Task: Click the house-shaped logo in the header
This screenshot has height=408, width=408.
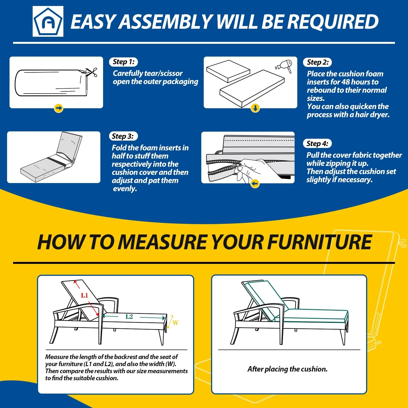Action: [48, 21]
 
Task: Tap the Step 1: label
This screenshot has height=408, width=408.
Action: [123, 62]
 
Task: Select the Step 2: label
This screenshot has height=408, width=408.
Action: [317, 62]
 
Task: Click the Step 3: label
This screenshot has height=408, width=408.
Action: [123, 136]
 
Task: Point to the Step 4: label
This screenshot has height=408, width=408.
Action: [317, 144]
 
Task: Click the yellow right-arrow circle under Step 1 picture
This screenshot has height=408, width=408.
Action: [58, 108]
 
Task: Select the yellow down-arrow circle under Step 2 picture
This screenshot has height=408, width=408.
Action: [255, 108]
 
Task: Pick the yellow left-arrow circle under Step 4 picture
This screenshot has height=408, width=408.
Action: [255, 184]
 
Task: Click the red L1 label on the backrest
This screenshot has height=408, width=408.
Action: [85, 295]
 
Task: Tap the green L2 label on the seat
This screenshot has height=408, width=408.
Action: [129, 317]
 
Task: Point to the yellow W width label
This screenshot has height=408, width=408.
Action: [175, 323]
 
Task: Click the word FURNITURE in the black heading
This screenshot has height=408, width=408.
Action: [319, 242]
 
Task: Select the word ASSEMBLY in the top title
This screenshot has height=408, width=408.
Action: [166, 22]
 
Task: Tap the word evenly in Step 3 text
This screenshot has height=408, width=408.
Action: [125, 189]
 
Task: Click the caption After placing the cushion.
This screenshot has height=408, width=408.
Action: [288, 369]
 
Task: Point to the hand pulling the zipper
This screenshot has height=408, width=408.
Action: [250, 170]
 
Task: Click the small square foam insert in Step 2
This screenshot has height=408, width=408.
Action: [228, 71]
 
